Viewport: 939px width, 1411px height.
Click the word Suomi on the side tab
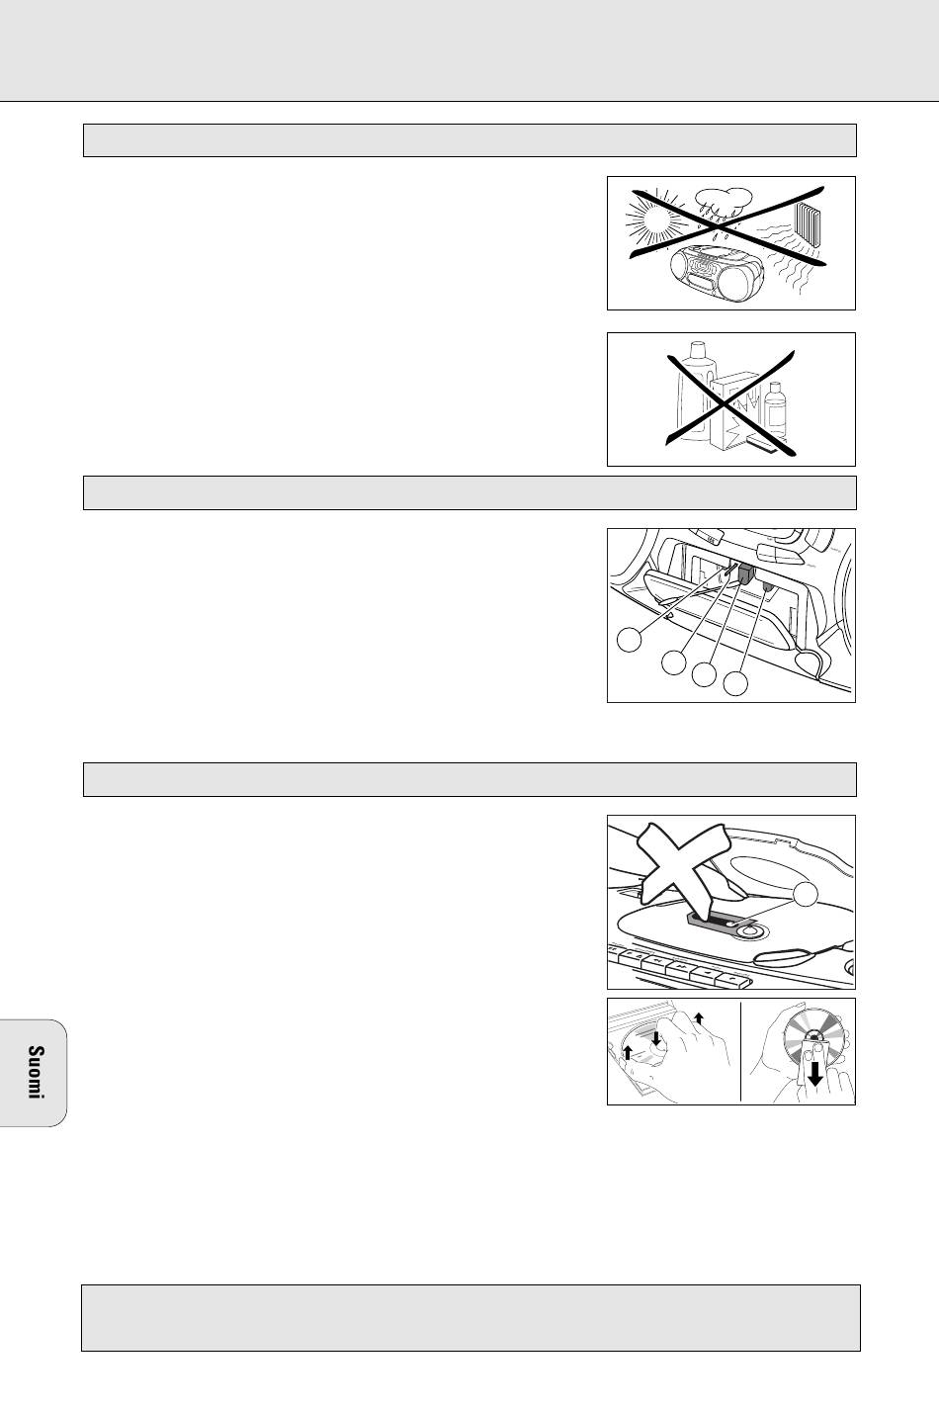36,1072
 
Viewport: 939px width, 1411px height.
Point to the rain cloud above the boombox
723,200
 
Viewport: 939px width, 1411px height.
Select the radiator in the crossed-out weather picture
809,224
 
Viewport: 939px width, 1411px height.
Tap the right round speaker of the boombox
743,281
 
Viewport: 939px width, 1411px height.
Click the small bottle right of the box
775,409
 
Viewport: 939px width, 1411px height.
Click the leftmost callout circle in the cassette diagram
630,640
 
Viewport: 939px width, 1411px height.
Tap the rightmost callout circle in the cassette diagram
735,683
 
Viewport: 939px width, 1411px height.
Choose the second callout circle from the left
674,662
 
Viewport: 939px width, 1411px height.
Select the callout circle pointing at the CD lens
806,894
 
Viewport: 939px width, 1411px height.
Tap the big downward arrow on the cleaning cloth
815,1074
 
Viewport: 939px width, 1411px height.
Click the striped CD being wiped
813,1040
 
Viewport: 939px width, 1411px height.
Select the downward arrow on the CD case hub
656,1037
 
